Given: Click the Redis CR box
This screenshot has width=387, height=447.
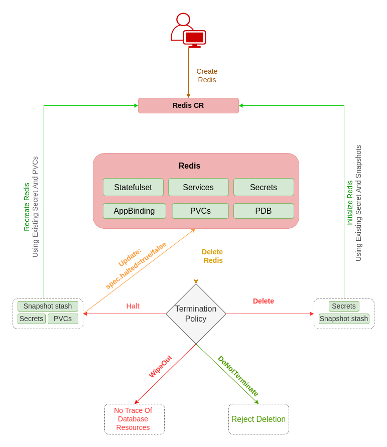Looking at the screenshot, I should pos(188,105).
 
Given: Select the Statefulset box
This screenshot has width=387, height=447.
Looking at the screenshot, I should pos(133,187).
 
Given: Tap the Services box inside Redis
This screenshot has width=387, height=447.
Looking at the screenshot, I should pos(198,187).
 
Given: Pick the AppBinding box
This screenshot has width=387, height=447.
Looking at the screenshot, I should pos(134,211).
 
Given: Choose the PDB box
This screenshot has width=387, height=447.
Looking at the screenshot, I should pos(264,211).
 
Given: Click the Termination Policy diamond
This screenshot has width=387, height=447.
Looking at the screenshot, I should pos(196,314).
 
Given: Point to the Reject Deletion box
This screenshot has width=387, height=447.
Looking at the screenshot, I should pos(259,419).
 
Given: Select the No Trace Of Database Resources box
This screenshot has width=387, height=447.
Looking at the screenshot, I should pos(134,419).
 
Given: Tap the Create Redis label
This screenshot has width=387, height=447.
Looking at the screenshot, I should pos(207,75).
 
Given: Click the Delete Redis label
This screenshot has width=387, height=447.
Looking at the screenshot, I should pos(212,256).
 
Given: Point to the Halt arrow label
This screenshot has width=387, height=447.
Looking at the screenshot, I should pos(133,306).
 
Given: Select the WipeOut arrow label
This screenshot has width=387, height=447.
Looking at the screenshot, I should pos(160,367).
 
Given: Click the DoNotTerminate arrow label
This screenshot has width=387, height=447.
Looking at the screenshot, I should pos(238,376).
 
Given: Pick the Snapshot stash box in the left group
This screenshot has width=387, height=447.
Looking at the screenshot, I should pos(48,306).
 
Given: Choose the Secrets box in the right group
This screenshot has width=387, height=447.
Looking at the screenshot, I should pos(344,306).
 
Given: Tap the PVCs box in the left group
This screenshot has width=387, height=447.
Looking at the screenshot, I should pos(63,319).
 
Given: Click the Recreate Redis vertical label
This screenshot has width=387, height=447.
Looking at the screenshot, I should pos(27,207).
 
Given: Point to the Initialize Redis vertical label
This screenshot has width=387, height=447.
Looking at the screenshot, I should pos(350,203).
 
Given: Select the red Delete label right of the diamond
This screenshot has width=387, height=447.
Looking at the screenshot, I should pos(264,301).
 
